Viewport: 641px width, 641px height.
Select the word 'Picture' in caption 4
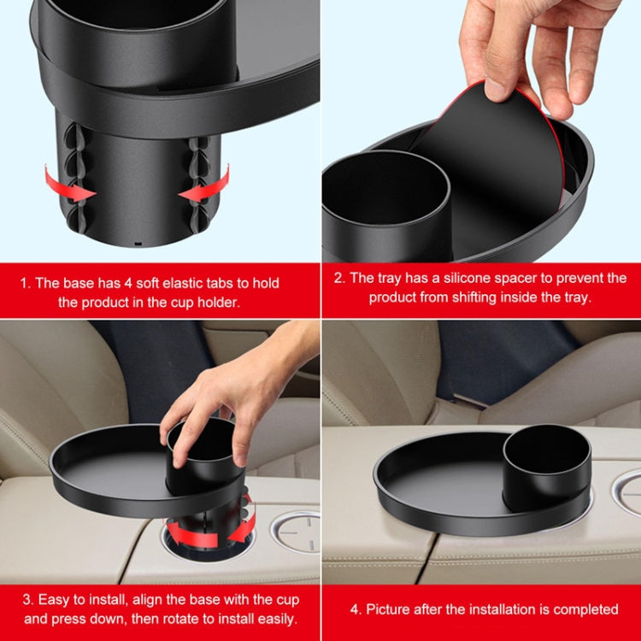click(x=391, y=609)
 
